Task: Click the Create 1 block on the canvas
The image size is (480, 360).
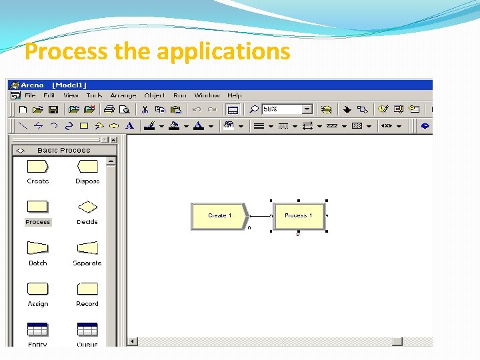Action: (219, 216)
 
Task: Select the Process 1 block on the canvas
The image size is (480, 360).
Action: (299, 216)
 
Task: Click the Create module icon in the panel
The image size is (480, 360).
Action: (37, 167)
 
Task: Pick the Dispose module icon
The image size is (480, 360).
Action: (87, 167)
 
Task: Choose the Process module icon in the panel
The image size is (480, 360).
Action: (37, 207)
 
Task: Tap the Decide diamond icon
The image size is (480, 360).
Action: (87, 207)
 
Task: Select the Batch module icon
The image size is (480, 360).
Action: (37, 248)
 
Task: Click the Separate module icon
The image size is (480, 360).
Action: (87, 248)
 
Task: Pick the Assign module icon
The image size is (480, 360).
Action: (37, 289)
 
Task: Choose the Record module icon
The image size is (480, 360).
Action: (87, 289)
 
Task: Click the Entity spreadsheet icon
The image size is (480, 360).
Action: (37, 329)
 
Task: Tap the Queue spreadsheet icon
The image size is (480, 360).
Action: (87, 329)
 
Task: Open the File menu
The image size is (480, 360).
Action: (30, 95)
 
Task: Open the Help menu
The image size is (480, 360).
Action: (234, 95)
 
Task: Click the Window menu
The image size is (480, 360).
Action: (207, 95)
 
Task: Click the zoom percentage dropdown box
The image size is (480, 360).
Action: (287, 109)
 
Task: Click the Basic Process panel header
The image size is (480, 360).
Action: (64, 151)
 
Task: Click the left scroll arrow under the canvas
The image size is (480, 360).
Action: (133, 341)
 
